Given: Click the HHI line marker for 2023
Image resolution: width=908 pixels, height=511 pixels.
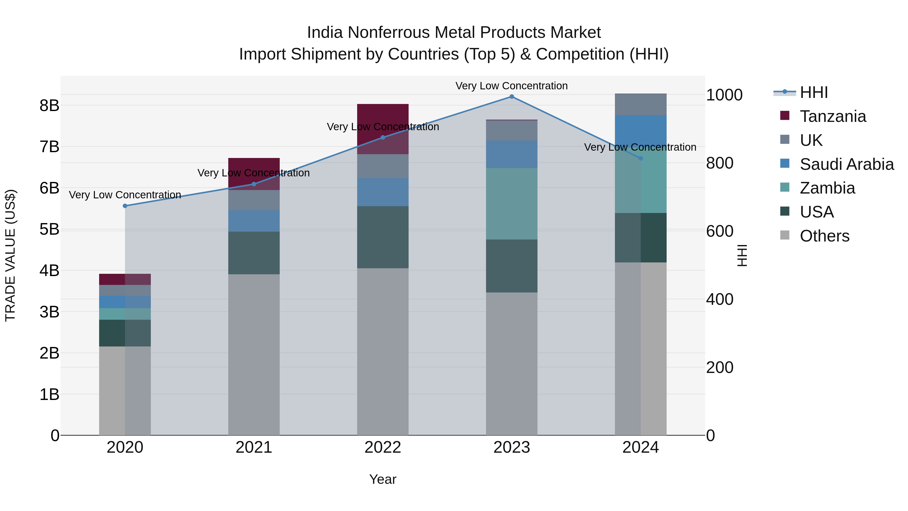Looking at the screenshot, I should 512,97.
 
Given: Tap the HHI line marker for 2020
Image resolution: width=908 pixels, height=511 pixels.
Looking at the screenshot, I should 125,206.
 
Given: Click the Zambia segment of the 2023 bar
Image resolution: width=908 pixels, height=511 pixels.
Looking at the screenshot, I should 512,204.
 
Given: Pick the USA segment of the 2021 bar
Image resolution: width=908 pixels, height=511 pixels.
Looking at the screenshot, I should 254,253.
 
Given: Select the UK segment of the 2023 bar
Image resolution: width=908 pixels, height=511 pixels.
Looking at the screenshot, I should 512,130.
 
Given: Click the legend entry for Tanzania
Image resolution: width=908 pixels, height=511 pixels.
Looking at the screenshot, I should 833,116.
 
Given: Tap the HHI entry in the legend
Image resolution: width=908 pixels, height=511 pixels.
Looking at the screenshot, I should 813,92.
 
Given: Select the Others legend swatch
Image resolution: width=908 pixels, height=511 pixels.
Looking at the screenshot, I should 785,235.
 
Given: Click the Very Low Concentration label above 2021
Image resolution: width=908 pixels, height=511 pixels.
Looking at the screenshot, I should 254,173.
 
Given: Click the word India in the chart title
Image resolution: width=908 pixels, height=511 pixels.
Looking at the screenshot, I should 325,33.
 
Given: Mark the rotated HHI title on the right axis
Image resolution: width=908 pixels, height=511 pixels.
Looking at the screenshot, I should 742,255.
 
